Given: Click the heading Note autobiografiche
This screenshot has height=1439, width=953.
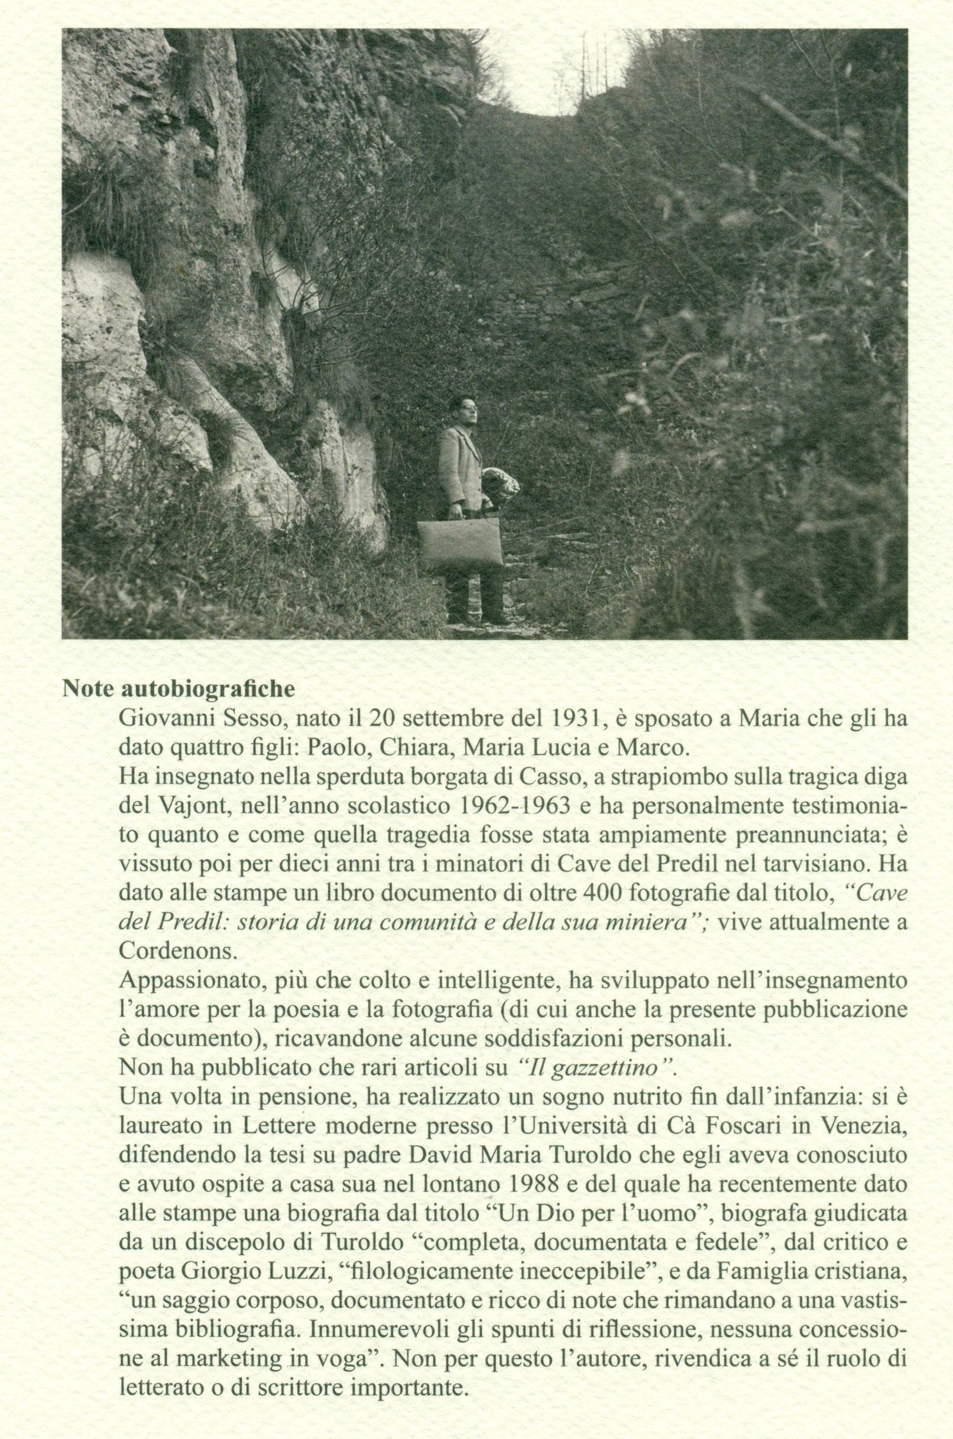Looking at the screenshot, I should click(x=179, y=691).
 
